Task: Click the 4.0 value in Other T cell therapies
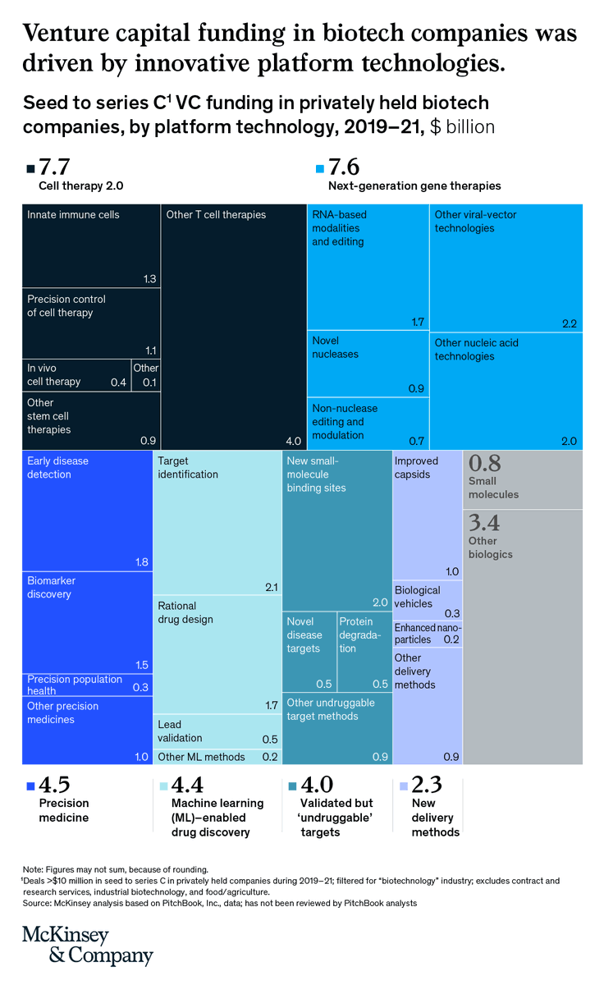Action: point(293,442)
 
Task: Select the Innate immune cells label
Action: point(73,215)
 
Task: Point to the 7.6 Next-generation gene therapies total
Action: point(344,167)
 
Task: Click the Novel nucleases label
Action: point(336,347)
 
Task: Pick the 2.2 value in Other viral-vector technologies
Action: point(570,323)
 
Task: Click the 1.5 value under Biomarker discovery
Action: point(141,665)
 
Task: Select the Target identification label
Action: point(188,468)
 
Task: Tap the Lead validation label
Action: point(180,731)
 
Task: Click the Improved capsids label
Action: point(416,468)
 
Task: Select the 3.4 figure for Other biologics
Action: point(483,523)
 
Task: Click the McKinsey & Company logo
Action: point(87,946)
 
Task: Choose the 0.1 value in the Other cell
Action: point(149,382)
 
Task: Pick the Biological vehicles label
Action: point(417,597)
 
